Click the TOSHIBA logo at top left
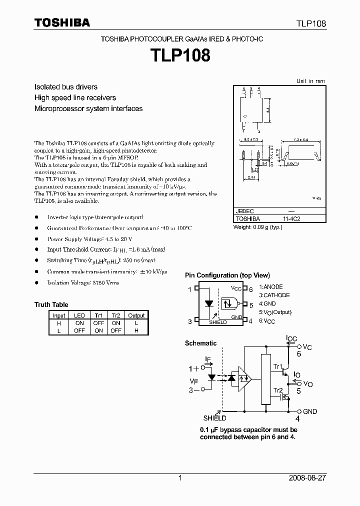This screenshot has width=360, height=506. (62, 22)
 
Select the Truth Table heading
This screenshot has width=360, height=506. (51, 304)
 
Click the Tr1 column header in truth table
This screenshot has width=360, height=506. (98, 315)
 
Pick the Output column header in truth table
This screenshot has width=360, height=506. (136, 315)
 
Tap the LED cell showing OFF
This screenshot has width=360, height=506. (79, 330)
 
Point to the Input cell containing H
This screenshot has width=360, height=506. (59, 323)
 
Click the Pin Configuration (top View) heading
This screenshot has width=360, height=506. (227, 275)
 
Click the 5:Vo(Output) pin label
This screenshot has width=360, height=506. (275, 312)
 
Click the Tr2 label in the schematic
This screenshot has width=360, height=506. (277, 390)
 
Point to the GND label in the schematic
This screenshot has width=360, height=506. (309, 411)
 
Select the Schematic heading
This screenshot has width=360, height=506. (200, 343)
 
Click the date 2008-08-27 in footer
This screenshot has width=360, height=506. (307, 478)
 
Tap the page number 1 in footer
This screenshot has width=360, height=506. (180, 478)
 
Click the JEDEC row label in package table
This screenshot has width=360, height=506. (245, 211)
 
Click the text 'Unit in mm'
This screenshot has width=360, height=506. (310, 80)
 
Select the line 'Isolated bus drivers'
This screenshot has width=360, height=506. (65, 87)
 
